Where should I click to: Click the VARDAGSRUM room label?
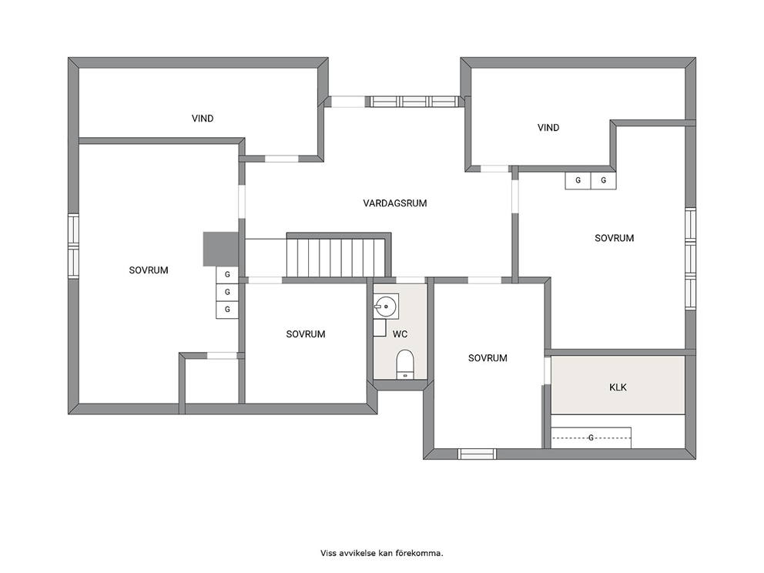coord(394,203)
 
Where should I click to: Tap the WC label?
coord(400,334)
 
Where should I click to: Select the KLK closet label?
coord(618,387)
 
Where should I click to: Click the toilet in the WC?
coord(405,364)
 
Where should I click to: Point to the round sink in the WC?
coord(386,306)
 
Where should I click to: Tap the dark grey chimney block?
coord(220,249)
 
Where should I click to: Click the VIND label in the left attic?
coord(203,119)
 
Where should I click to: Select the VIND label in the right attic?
coord(548,128)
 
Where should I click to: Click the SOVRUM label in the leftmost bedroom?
coord(149,270)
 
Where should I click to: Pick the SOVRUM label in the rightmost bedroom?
coord(614,238)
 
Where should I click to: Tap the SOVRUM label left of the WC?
coord(306,334)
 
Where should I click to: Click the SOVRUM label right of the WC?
coord(488,358)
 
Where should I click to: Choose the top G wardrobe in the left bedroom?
coord(227,275)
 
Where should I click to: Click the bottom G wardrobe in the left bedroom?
coord(227,310)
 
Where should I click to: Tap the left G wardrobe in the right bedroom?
coord(578,180)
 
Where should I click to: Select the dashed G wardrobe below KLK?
coord(591,437)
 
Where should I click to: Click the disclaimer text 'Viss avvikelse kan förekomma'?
coord(382,553)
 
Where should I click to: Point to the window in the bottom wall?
coord(477,454)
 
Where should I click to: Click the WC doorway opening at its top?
coord(410,280)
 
